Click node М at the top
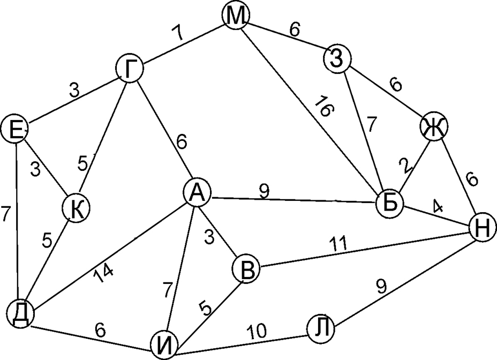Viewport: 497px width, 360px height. coord(236,17)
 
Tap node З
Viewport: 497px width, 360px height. coord(337,58)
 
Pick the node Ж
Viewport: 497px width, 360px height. coord(434,127)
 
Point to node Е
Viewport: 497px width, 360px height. coord(14,129)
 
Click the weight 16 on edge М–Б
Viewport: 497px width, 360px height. coord(325,107)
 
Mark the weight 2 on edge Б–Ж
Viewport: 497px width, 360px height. coord(409,166)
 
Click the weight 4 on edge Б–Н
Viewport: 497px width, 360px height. coord(438,206)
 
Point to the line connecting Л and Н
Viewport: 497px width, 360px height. coord(407,277)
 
